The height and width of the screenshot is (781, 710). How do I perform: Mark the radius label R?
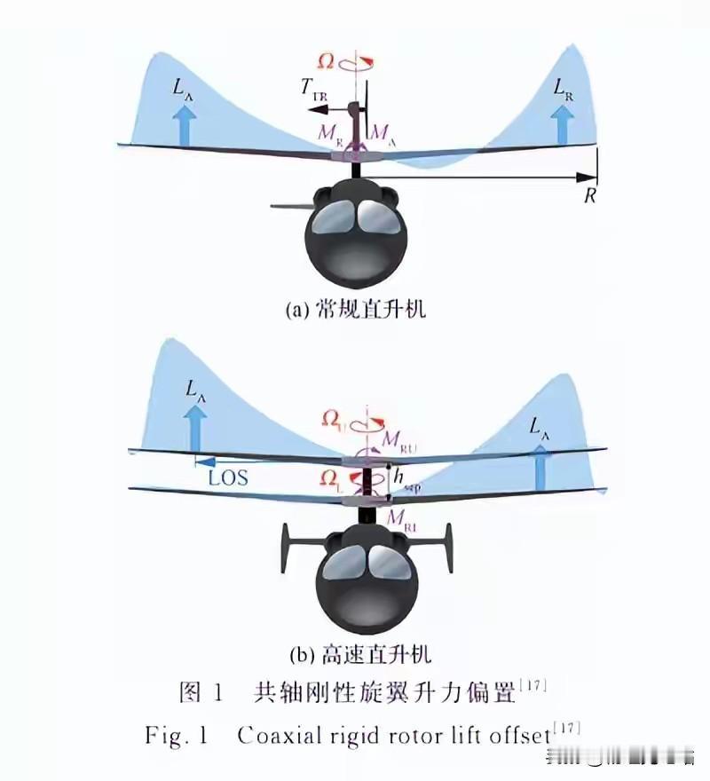588,197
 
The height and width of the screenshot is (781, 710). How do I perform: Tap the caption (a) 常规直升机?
354,310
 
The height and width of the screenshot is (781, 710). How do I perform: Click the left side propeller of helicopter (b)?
286,548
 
